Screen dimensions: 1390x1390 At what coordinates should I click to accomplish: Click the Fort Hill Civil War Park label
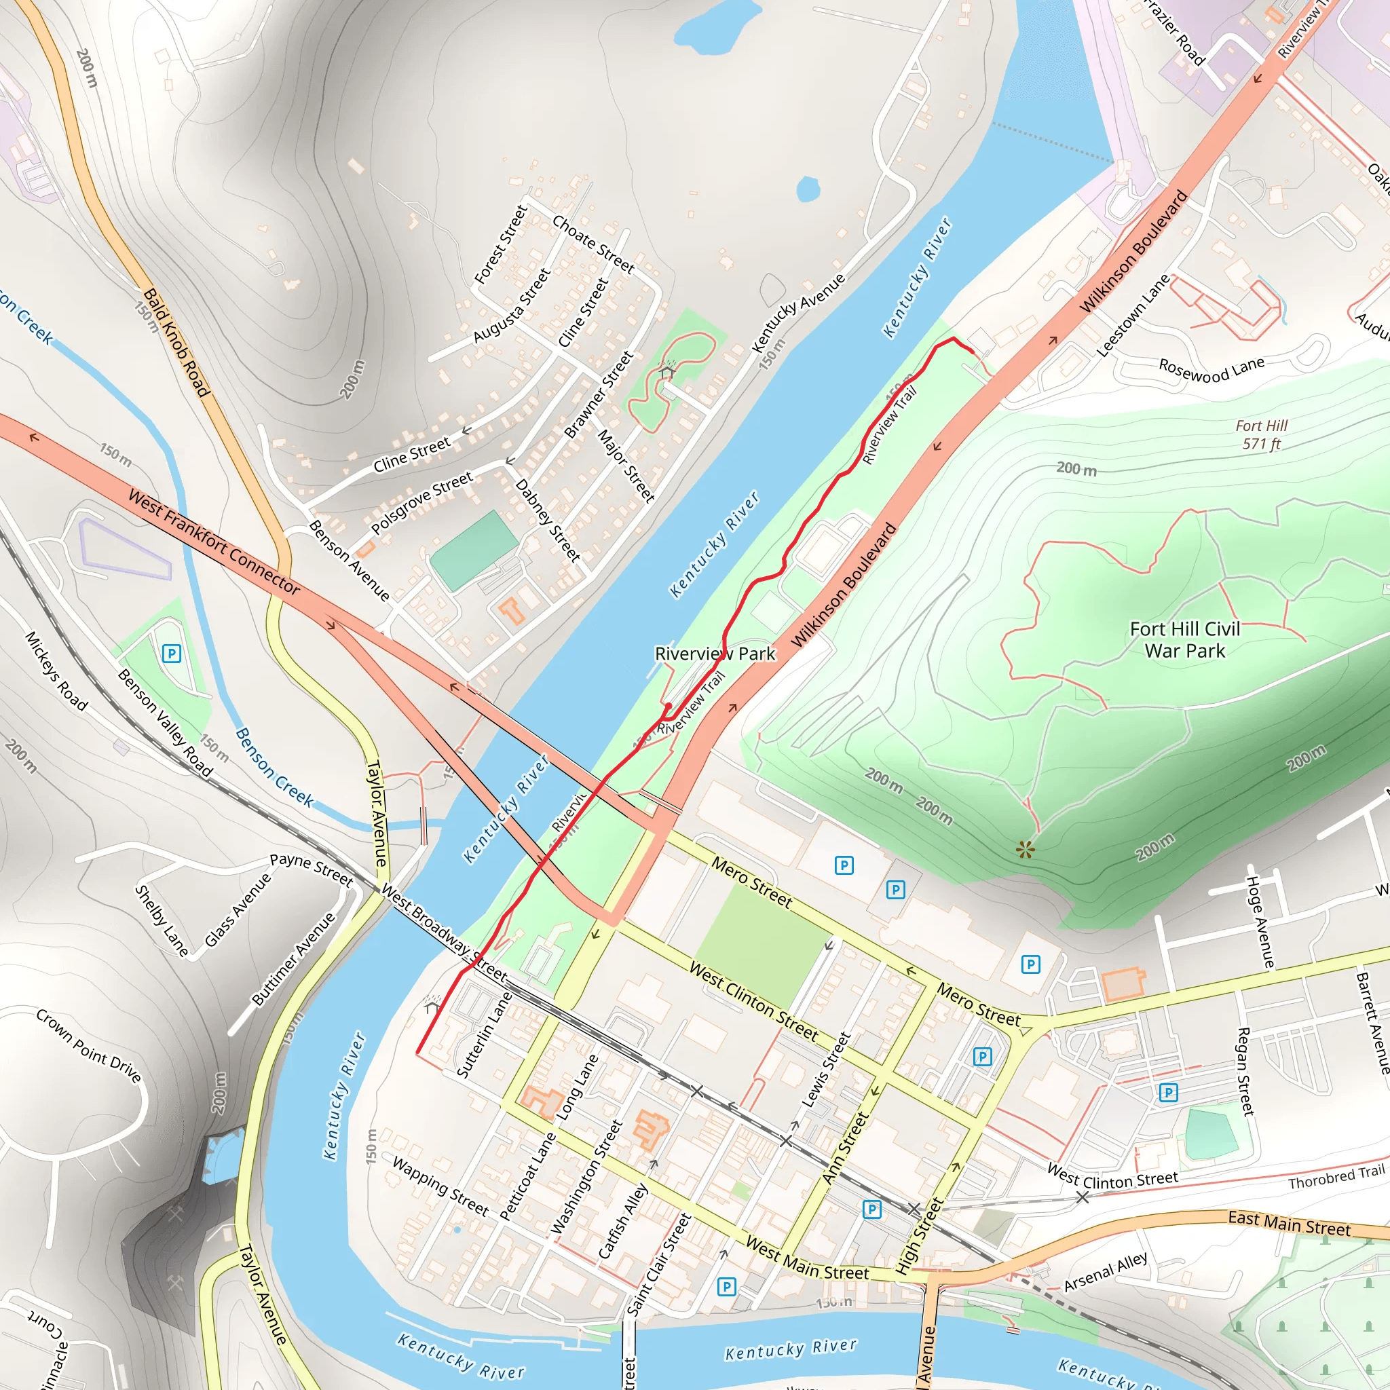(x=1184, y=639)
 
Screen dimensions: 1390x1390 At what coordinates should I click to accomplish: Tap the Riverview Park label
(x=715, y=654)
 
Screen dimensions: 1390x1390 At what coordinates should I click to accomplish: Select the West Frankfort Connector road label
(x=214, y=541)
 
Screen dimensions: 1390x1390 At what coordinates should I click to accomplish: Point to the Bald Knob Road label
(x=176, y=343)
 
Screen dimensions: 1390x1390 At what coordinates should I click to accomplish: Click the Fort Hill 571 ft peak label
(x=1261, y=434)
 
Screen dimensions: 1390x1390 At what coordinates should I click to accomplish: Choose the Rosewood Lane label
(x=1211, y=369)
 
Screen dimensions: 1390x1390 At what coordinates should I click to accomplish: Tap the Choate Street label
(x=594, y=244)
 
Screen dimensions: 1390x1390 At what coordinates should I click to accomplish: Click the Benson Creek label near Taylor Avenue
(x=274, y=767)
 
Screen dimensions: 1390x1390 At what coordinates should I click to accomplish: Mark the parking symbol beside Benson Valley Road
(x=171, y=654)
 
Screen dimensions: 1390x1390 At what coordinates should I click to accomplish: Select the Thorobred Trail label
(x=1335, y=1177)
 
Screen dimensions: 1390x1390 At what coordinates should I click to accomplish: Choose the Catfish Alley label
(x=623, y=1221)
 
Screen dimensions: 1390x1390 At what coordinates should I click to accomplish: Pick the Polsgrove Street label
(x=421, y=502)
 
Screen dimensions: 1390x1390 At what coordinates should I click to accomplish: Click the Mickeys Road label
(x=56, y=671)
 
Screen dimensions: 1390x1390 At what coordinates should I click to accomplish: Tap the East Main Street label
(x=1289, y=1223)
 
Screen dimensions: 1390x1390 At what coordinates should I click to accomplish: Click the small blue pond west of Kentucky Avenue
(x=807, y=189)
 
